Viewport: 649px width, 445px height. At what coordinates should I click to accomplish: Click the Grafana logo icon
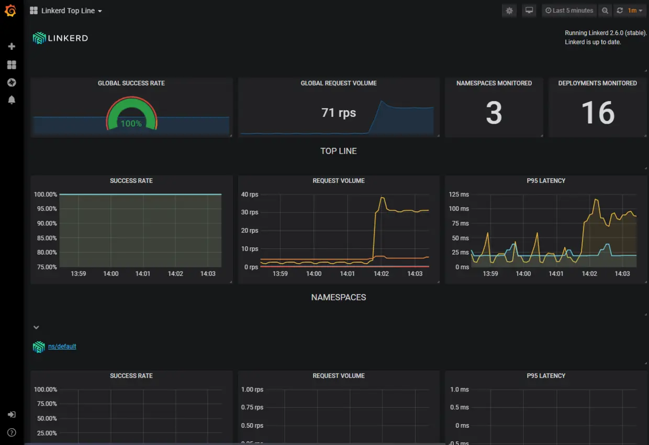pos(10,10)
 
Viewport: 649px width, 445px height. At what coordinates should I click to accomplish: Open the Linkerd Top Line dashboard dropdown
pos(66,10)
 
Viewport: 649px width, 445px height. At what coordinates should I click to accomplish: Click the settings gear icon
pos(509,10)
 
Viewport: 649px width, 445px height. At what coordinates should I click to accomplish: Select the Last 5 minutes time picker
pos(569,10)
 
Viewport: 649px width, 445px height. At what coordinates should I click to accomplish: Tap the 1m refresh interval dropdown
pos(635,10)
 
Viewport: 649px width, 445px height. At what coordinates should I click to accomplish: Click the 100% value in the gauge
pos(131,124)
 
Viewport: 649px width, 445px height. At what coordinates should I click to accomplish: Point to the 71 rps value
pos(339,113)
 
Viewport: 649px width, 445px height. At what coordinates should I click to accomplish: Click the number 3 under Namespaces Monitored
pos(494,113)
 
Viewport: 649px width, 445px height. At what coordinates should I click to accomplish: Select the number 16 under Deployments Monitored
pos(598,113)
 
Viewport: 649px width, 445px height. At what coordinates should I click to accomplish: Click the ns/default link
pos(62,346)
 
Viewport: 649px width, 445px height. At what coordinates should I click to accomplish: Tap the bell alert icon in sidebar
pos(12,100)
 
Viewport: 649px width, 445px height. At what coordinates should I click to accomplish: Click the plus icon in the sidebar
pos(12,47)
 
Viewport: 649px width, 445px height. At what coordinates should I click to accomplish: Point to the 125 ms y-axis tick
pos(458,194)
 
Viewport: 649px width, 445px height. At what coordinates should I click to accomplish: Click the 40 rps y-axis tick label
pos(250,194)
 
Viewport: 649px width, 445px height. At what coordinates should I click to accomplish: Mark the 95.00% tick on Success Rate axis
pos(46,209)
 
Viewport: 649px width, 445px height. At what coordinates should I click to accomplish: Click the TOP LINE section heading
pos(339,151)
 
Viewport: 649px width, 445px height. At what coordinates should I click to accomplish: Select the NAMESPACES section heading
pos(339,297)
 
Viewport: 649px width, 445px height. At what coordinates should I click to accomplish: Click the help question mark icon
pos(12,432)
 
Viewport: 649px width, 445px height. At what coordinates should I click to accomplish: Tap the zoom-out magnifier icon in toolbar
pos(605,10)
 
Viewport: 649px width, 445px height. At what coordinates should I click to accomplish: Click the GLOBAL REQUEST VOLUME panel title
pos(339,83)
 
